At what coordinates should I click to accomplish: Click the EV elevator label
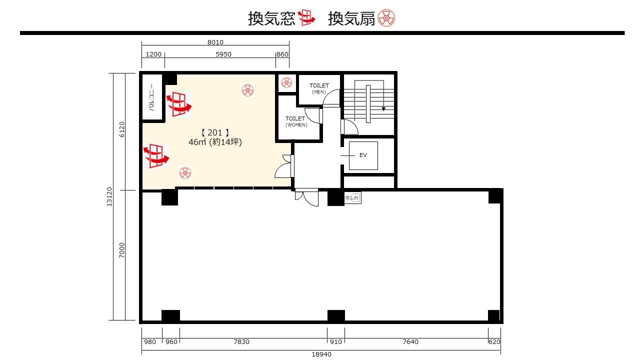363,155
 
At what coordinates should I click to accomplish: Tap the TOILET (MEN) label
319,88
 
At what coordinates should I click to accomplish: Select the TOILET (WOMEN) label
296,121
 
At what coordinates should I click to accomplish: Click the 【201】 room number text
215,132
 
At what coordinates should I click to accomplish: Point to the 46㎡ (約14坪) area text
215,142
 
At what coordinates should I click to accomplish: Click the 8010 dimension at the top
215,42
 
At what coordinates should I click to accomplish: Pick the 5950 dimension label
223,54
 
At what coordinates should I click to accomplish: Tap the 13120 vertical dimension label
109,196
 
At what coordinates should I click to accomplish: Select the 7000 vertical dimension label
122,250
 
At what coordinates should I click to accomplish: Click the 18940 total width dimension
321,354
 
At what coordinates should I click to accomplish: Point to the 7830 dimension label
241,341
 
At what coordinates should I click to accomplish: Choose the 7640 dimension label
410,341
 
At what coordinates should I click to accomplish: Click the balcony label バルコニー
152,97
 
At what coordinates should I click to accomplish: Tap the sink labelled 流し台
352,197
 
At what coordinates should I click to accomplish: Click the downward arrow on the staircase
383,108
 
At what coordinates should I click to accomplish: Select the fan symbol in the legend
386,18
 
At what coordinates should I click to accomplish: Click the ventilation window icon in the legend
306,17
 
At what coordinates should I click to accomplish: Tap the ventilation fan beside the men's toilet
286,82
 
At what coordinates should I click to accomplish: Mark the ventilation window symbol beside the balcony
179,104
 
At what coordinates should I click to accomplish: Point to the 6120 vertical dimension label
122,129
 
